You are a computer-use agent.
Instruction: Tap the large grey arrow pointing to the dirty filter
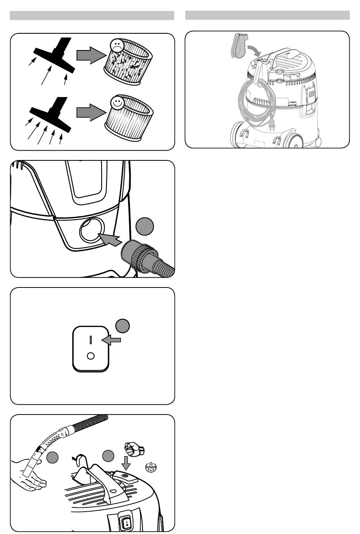click(x=90, y=55)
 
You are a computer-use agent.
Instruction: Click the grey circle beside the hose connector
click(x=144, y=226)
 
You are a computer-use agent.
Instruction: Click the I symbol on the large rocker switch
click(x=91, y=339)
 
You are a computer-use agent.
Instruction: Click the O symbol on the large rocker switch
click(x=91, y=356)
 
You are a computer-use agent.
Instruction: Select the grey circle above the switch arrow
click(x=122, y=326)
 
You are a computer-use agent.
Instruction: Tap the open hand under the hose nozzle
click(x=30, y=474)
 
